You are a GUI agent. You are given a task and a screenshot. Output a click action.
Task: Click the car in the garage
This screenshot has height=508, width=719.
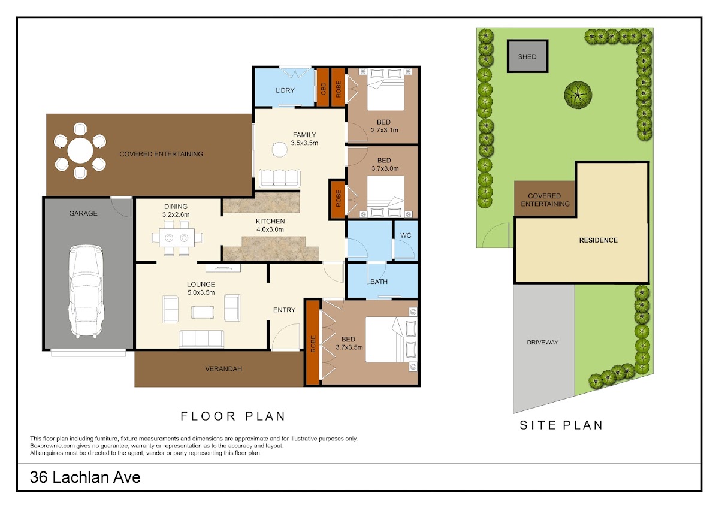86,291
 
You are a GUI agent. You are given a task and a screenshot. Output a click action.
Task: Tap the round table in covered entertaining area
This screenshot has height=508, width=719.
80,150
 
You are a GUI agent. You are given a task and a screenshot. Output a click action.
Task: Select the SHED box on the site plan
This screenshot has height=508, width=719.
527,56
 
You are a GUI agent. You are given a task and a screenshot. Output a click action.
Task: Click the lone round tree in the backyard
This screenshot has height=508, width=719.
578,95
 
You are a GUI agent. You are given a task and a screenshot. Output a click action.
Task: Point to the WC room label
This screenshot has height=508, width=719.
406,235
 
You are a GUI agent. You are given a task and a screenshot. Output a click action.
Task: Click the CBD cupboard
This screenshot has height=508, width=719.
323,87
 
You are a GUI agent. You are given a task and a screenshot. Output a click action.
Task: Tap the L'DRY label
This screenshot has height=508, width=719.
285,90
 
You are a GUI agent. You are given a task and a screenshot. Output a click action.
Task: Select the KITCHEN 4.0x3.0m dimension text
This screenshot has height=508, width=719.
270,229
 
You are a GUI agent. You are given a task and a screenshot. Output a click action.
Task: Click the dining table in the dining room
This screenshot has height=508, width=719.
177,238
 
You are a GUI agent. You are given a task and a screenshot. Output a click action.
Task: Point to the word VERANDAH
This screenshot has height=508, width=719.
223,369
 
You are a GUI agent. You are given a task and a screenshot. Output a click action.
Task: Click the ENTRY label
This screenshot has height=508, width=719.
284,310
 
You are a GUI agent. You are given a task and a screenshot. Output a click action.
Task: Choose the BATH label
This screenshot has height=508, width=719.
379,282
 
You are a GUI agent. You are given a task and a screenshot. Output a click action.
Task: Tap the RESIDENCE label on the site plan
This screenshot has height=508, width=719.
599,240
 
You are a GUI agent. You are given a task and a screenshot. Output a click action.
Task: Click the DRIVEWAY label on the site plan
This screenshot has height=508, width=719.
542,343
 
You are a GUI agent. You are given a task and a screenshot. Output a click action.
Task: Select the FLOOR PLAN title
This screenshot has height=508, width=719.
233,416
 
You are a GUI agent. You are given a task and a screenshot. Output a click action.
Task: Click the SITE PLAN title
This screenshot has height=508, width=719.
561,425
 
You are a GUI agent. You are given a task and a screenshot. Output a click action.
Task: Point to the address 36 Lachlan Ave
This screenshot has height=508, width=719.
85,477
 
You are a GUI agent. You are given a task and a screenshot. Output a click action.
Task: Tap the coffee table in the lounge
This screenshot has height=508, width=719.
203,312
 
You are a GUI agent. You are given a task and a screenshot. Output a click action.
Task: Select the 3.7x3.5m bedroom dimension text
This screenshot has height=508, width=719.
349,347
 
